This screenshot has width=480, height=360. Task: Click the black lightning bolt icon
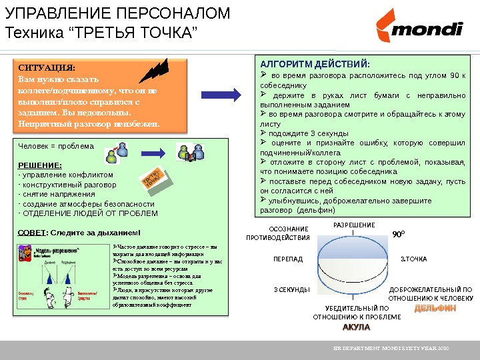click(x=157, y=70)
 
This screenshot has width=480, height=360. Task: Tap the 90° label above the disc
click(x=398, y=235)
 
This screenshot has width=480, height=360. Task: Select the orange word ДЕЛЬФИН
click(x=435, y=309)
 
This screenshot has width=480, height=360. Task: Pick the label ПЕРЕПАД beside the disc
click(x=288, y=259)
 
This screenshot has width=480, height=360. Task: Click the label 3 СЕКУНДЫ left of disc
click(x=291, y=290)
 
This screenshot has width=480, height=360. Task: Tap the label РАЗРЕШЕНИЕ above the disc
click(x=353, y=225)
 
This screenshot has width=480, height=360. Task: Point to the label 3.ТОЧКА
click(x=413, y=259)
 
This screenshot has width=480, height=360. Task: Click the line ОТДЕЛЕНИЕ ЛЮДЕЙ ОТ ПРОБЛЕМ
click(x=89, y=213)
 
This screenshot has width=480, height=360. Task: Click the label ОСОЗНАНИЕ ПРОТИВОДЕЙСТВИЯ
click(x=278, y=233)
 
